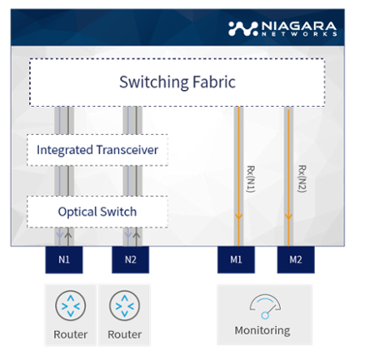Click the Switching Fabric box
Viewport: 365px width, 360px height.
click(177, 82)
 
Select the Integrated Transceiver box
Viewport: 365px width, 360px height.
click(98, 150)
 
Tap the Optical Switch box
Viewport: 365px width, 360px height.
click(98, 211)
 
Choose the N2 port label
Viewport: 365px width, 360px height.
click(130, 260)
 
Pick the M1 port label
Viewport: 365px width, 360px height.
click(238, 260)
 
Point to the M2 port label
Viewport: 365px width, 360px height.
click(294, 260)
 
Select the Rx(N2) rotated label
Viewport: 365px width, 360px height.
click(301, 178)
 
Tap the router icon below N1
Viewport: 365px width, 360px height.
click(70, 306)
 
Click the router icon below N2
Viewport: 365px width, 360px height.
click(125, 306)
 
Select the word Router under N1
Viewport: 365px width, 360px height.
click(70, 334)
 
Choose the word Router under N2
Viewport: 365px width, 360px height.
click(125, 334)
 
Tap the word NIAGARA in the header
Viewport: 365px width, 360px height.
click(295, 24)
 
